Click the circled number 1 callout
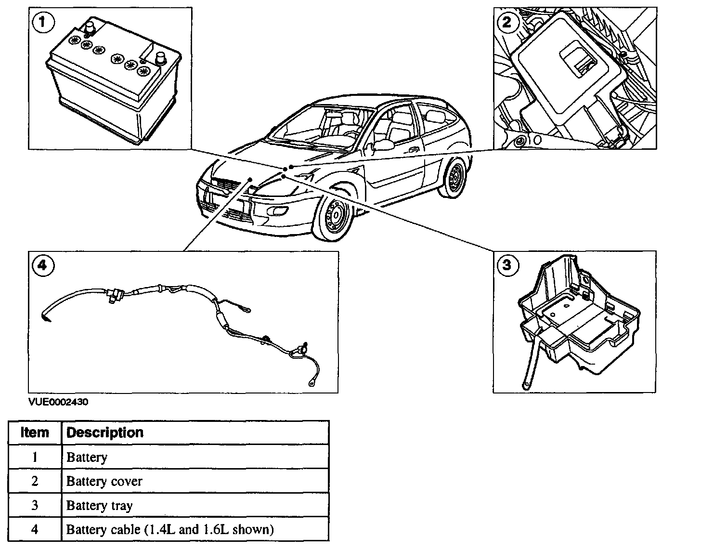point(43,23)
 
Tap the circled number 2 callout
point(507,23)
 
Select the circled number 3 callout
point(507,265)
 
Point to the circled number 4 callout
point(43,265)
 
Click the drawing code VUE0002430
point(58,402)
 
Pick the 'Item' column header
point(35,432)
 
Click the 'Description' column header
point(105,432)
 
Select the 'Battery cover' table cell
point(104,481)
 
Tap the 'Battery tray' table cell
point(99,506)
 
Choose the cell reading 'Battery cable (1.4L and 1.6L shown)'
point(170,530)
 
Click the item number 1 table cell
point(35,457)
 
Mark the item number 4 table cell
point(35,530)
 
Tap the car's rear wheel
point(454,179)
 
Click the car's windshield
point(318,126)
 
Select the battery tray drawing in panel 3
point(578,323)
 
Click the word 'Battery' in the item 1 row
point(87,457)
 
